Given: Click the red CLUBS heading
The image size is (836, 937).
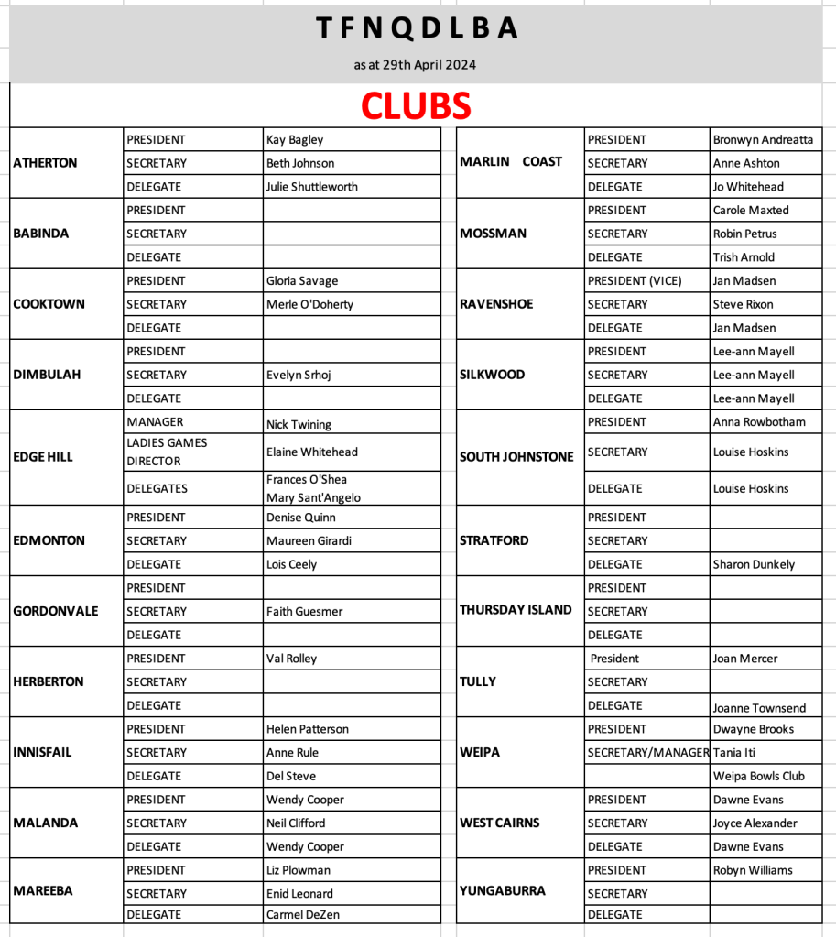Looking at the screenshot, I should (416, 106).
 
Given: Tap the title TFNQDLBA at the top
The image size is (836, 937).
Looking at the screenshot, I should (418, 29).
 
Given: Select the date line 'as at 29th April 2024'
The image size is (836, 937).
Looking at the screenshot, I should (415, 65).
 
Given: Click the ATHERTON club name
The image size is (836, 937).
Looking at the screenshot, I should (45, 163).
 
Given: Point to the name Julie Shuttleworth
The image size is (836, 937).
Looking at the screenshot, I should (311, 187).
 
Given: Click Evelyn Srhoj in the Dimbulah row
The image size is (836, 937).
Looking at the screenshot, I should (298, 375).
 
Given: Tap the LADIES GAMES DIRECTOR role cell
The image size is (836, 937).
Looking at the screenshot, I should (167, 452).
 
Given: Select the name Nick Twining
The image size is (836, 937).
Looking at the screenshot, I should (299, 425).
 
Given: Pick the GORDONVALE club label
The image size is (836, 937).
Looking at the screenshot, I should (55, 611).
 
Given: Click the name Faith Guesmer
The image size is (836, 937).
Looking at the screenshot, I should (305, 611).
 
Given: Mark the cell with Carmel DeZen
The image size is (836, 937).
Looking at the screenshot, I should (303, 914).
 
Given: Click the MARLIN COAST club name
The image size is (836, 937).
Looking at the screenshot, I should (511, 162).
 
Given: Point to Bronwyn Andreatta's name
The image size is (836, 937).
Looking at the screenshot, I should (762, 140).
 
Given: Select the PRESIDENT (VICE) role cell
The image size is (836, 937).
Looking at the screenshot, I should (635, 281).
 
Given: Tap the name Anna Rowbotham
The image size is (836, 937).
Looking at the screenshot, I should (759, 422).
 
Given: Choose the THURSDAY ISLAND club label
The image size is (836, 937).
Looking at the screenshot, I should (516, 610).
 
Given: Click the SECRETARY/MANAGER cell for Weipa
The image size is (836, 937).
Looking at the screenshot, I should (648, 752).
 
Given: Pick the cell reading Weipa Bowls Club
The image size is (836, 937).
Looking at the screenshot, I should (758, 776).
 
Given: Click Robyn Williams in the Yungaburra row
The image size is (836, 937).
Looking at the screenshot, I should (753, 870).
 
